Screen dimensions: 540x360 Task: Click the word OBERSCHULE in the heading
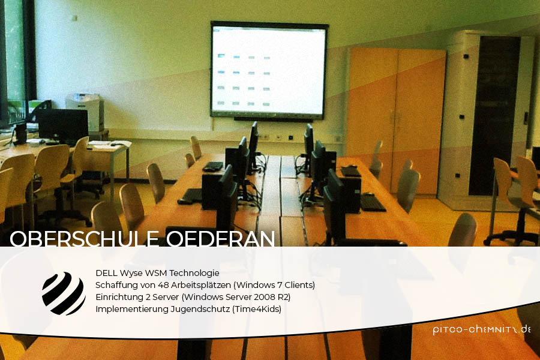pyautogui.click(x=84, y=238)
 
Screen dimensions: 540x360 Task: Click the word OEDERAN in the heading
pyautogui.click(x=220, y=238)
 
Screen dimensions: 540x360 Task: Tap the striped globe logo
pyautogui.click(x=64, y=293)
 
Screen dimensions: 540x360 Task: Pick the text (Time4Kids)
pyautogui.click(x=257, y=309)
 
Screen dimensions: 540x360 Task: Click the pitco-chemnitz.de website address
pyautogui.click(x=481, y=329)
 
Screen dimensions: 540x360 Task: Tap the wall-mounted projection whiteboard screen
pyautogui.click(x=269, y=71)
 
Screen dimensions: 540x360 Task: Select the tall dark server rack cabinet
pyautogui.click(x=494, y=115)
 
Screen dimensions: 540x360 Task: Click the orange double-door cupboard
pyautogui.click(x=396, y=119)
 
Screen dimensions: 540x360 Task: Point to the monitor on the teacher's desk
pyautogui.click(x=63, y=127)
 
